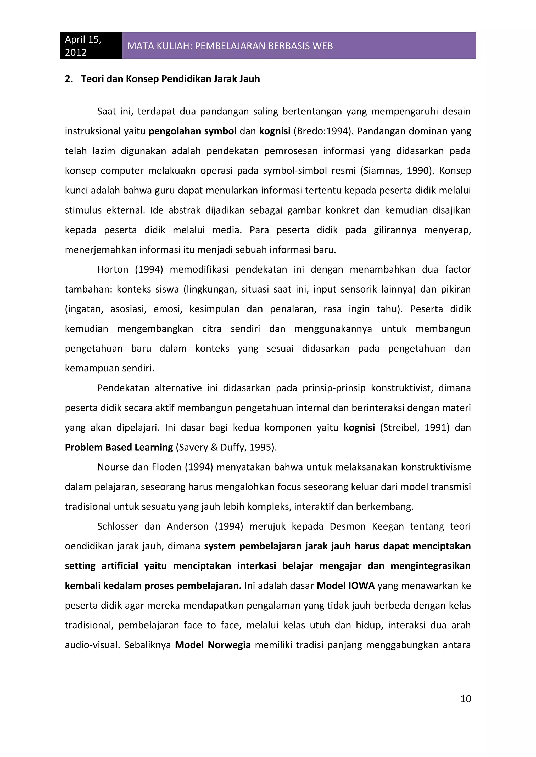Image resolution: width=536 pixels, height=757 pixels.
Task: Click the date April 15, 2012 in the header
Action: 83,46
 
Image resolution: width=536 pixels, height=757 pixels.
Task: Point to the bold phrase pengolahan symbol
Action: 192,131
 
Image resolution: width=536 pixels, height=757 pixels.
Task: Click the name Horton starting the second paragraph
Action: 113,270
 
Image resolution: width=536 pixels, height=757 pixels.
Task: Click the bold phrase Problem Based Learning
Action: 119,448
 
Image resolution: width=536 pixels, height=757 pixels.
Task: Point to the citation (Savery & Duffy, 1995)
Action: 226,448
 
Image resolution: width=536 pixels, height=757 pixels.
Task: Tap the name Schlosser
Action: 118,526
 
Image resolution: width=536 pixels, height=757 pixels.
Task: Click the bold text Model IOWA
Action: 345,586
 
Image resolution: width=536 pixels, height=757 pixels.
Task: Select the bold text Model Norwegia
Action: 213,645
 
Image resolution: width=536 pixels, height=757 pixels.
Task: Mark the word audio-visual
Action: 92,645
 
